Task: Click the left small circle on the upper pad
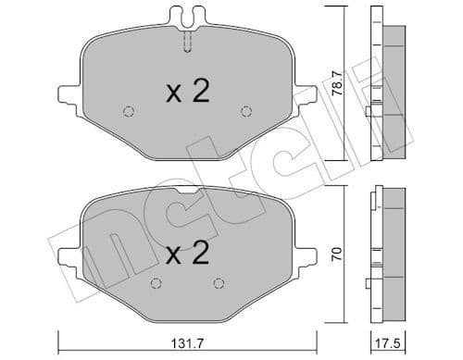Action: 129,113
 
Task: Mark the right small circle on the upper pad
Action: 246,113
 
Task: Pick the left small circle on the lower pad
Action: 154,283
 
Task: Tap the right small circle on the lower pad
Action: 219,283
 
